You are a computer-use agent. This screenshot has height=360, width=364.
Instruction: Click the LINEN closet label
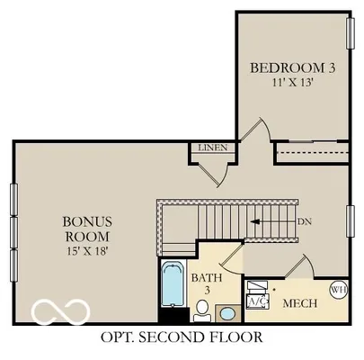[212, 148]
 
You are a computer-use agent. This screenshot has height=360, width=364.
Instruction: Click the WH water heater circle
[338, 290]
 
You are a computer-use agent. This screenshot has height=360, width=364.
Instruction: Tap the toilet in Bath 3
[203, 311]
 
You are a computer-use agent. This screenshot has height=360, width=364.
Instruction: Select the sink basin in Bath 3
[228, 312]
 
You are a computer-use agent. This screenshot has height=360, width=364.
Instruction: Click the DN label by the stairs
[305, 220]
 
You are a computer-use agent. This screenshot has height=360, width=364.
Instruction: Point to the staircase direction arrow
[270, 220]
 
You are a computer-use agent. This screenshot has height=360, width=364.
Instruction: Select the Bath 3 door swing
[229, 256]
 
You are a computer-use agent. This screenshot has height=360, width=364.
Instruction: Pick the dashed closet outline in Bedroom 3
[310, 154]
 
